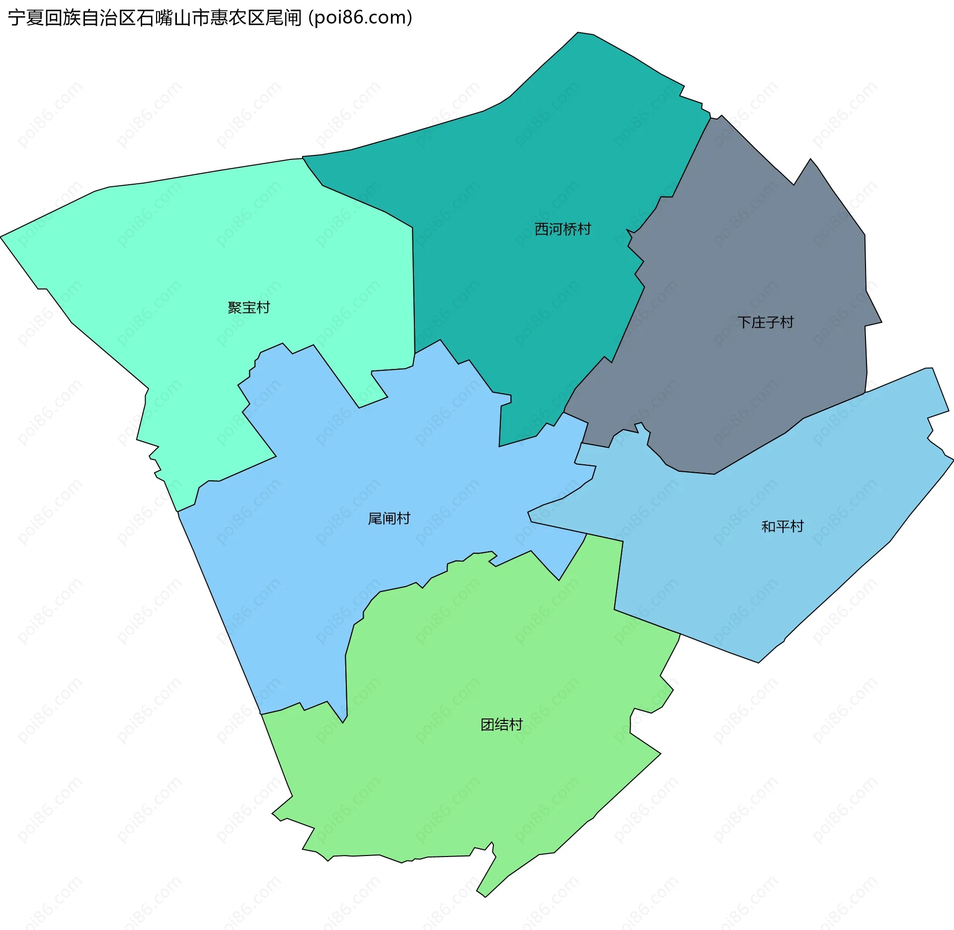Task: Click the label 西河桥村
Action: coord(562,229)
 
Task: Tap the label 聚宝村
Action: coord(248,308)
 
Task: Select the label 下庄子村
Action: coord(765,323)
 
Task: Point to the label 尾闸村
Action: coord(389,519)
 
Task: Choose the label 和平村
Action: coord(783,526)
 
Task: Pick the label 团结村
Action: coord(501,725)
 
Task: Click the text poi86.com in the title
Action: coord(360,18)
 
